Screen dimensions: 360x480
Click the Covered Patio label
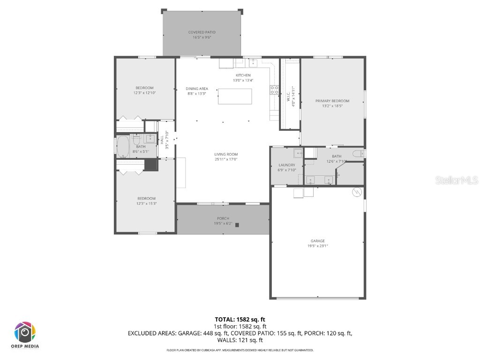tap(202, 32)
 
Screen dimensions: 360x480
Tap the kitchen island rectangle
tap(235, 97)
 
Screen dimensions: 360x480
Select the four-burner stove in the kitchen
tap(274, 90)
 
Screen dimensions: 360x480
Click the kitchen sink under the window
tap(253, 63)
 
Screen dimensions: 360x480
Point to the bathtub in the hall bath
tap(123, 147)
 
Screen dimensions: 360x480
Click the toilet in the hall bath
tap(136, 139)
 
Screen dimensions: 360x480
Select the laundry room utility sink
tap(297, 153)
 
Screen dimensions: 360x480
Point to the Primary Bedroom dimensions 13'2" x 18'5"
tap(332, 106)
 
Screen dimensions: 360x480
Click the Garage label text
tap(317, 241)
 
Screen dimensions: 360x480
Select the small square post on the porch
tap(237, 225)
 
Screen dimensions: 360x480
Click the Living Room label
tap(226, 154)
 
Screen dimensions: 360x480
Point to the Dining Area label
tap(197, 89)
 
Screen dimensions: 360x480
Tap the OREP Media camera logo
tap(25, 332)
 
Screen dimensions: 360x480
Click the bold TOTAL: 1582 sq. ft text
tap(240, 319)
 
